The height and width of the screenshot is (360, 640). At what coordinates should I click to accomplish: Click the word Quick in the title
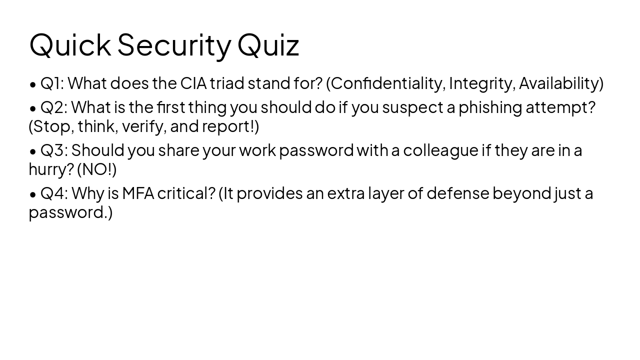coord(70,44)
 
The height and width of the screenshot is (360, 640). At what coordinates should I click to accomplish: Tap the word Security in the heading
coord(174,44)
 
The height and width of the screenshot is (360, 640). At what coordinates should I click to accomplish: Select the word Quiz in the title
coord(268,44)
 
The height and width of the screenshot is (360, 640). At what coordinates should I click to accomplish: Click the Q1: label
coord(52,83)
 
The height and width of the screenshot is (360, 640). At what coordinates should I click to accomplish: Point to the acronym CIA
coord(193,83)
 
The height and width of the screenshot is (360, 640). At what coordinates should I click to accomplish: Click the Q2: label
coord(54,107)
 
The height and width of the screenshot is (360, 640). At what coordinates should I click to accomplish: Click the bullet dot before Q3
coord(33,150)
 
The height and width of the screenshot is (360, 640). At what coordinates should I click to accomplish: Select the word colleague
coord(440,150)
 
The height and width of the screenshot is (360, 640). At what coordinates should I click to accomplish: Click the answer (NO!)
coord(96,169)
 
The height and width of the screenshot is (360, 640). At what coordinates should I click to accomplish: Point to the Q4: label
coord(54,193)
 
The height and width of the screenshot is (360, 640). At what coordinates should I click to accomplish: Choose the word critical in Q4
coord(185,193)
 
